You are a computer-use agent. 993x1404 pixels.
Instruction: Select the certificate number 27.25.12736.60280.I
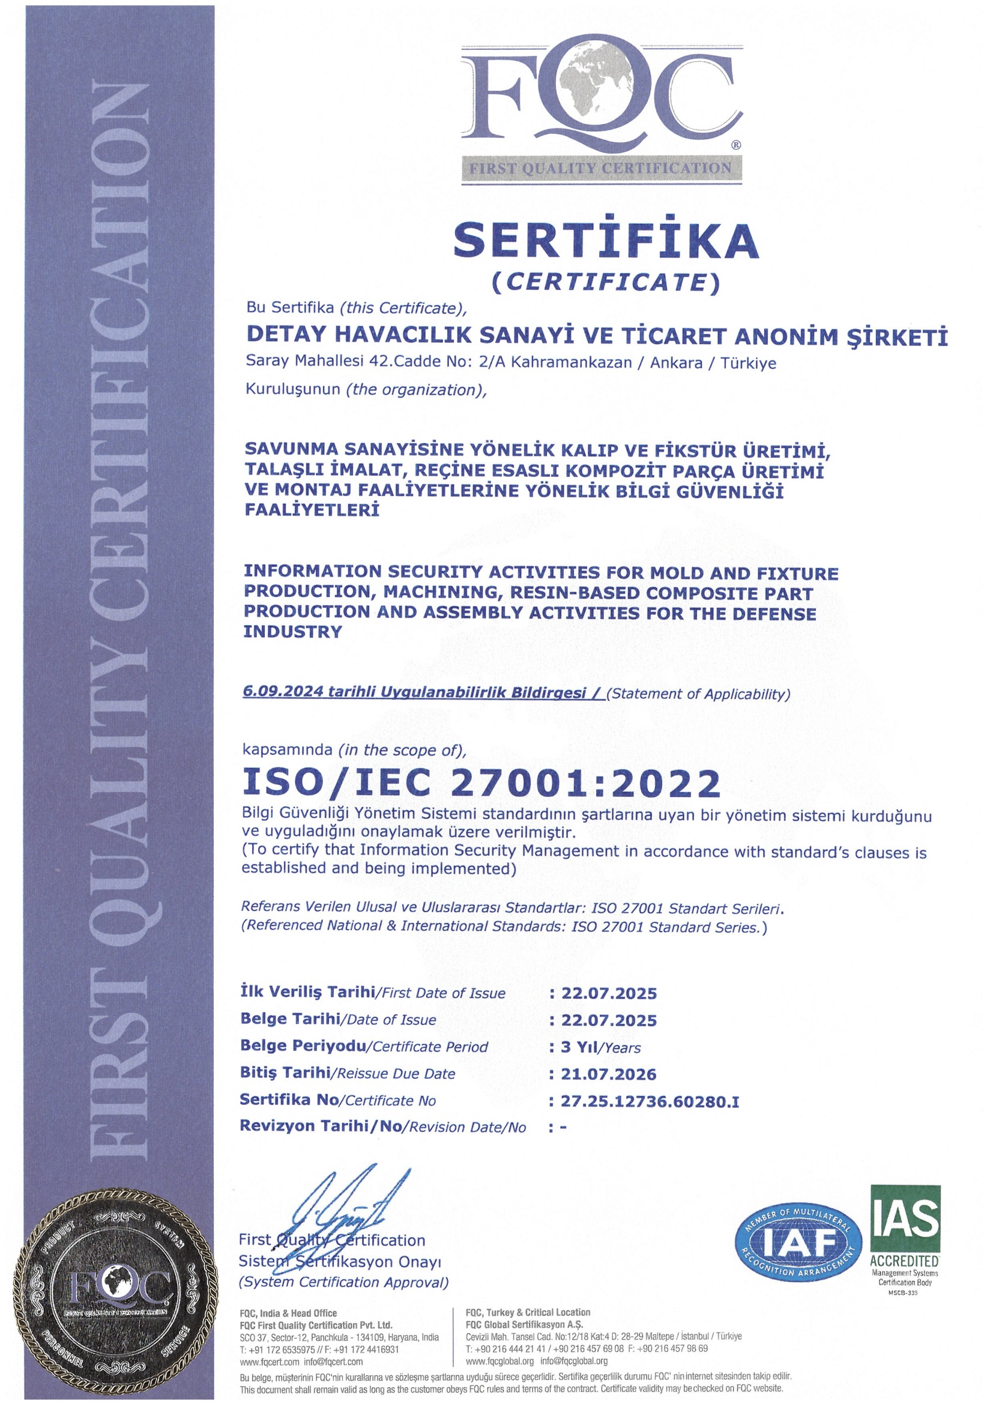coord(650,1101)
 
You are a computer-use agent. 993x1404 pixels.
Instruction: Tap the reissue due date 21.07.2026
coord(609,1074)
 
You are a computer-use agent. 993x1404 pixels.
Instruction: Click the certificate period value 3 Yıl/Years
coord(601,1047)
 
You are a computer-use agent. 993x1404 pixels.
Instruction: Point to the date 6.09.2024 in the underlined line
coord(283,692)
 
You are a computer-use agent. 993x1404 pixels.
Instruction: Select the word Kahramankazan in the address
coord(571,362)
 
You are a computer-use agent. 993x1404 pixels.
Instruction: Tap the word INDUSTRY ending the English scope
coord(292,632)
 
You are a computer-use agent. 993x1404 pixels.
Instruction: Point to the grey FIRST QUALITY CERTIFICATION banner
coord(601,169)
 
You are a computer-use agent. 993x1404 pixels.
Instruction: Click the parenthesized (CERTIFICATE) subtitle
coord(606,282)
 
